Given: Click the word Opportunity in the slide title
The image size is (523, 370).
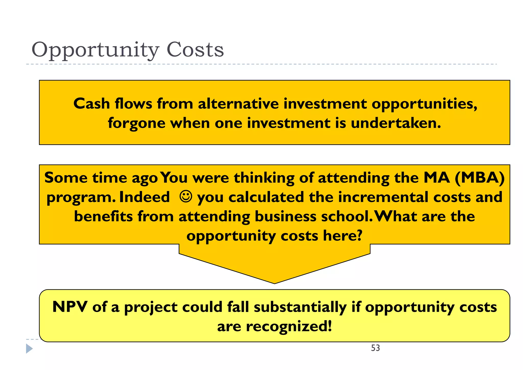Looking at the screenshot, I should [x=95, y=50].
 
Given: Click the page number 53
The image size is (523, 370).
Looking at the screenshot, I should [x=375, y=348].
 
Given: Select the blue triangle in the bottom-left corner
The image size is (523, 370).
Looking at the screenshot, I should [x=29, y=349].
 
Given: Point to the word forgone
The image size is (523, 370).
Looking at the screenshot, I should [x=137, y=123].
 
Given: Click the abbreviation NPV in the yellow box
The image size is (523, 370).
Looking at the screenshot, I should [x=70, y=307].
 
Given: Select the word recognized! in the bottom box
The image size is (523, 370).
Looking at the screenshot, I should [x=289, y=326].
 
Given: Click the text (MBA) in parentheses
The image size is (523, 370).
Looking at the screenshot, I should [x=480, y=177].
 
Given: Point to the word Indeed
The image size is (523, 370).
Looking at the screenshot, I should [x=145, y=197].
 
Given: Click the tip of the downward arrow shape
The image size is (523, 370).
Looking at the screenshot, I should [x=275, y=282].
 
